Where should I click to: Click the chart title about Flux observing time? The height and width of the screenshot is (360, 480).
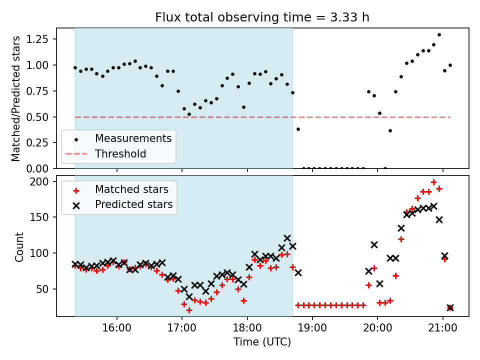click(x=262, y=17)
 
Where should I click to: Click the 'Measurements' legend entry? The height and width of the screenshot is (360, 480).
click(x=133, y=138)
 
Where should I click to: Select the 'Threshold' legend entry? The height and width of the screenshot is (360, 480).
click(x=120, y=153)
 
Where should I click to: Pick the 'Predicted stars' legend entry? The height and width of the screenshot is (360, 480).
click(x=133, y=204)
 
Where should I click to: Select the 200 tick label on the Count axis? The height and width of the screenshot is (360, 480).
click(x=42, y=181)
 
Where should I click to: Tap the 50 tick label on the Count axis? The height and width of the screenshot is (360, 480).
click(x=45, y=289)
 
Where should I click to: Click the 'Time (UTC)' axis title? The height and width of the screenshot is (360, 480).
click(x=262, y=342)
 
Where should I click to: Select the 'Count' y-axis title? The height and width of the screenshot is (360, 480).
click(x=19, y=246)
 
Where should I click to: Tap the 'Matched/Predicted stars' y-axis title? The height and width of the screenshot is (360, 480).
click(x=16, y=98)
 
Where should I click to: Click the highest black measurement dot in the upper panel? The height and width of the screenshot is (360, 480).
click(x=439, y=35)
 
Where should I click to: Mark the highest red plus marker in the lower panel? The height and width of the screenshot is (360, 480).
click(x=433, y=182)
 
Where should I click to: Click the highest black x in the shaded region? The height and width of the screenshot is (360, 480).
click(x=287, y=238)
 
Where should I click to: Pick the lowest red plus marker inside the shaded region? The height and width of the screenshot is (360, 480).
click(x=189, y=310)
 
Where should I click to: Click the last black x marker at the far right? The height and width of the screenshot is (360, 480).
click(x=450, y=307)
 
